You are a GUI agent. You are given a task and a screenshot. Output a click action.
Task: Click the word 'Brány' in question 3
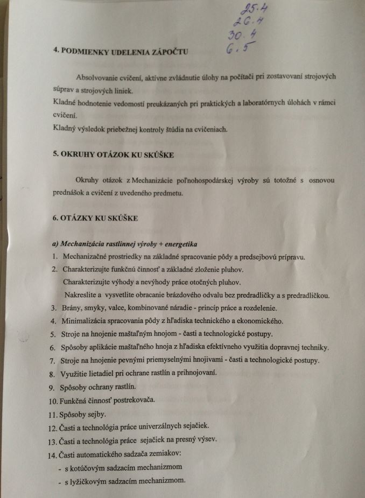pos(73,308)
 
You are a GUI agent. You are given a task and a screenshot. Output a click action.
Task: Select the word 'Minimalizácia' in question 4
pos(85,321)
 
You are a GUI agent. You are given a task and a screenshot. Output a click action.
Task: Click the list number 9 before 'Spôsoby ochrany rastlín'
pos(54,387)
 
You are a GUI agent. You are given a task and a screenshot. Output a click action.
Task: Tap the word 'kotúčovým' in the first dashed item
pos(89,467)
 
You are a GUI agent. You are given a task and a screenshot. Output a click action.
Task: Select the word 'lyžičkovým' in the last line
pos(89,480)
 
